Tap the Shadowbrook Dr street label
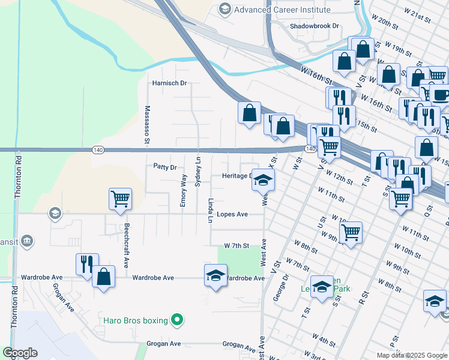(315, 26)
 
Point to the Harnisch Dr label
(170, 83)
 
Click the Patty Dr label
(164, 167)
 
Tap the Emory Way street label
(184, 191)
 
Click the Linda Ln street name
(211, 211)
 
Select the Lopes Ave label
(232, 214)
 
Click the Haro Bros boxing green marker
(176, 320)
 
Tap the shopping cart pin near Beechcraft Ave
(120, 199)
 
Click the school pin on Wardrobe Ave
(215, 275)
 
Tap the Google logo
(20, 353)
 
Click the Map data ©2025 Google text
(412, 355)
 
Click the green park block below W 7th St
(240, 260)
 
